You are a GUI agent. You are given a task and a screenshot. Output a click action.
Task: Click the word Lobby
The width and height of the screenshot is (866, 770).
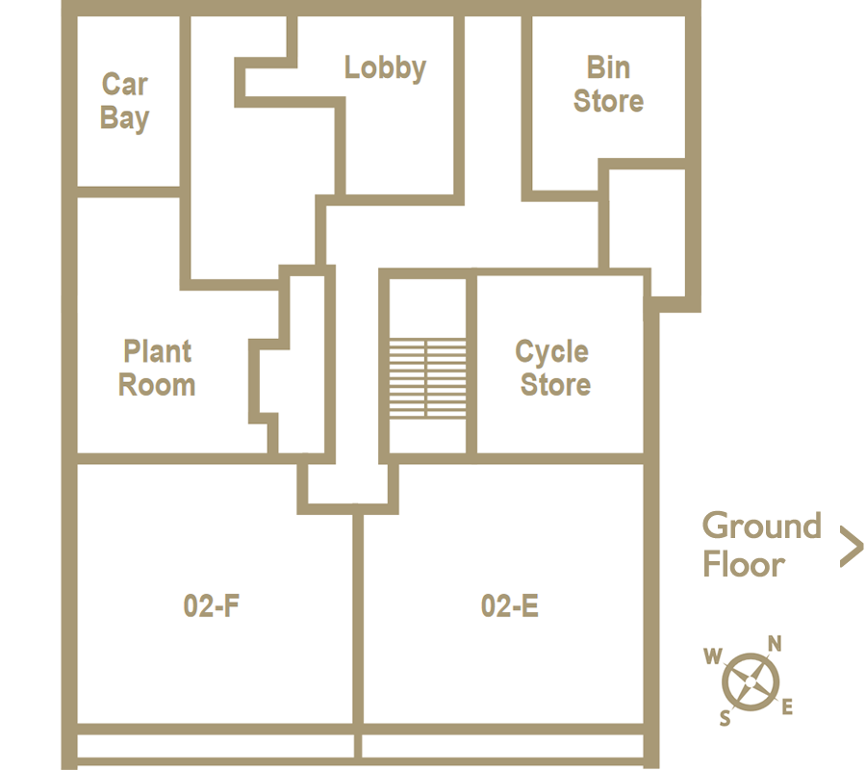(385, 68)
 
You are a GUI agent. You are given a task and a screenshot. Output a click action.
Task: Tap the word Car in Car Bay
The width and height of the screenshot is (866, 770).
(125, 85)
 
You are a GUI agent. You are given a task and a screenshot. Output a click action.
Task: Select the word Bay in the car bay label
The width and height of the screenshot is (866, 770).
(125, 118)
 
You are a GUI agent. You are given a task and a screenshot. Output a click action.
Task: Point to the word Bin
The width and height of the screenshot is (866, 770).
(608, 67)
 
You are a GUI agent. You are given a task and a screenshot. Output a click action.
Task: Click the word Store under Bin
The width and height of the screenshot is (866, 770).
(608, 101)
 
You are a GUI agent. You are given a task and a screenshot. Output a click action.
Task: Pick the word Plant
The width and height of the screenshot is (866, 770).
(158, 352)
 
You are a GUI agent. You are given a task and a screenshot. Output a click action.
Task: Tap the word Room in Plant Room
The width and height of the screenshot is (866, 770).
(157, 384)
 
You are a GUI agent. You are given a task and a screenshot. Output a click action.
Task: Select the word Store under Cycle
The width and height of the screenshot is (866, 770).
(555, 384)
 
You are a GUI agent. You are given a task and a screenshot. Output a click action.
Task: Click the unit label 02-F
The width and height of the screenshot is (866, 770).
(212, 605)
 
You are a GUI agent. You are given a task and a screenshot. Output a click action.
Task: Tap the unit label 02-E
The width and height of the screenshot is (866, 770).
(510, 605)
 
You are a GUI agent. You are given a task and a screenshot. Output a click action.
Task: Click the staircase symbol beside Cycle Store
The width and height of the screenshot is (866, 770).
(427, 379)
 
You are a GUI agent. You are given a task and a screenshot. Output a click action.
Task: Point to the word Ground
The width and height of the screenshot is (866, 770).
(762, 526)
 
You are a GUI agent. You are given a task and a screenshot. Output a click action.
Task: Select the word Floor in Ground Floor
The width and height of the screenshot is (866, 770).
(744, 564)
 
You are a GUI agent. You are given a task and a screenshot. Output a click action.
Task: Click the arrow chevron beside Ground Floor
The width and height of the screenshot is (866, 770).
(852, 547)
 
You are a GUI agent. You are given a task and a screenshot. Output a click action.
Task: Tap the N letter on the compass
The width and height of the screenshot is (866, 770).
(775, 644)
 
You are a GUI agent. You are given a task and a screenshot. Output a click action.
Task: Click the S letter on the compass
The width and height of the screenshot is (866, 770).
(725, 718)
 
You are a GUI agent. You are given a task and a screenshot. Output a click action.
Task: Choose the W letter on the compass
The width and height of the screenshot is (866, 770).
(713, 656)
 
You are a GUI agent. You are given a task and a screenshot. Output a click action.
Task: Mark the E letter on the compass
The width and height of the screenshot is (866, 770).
(787, 706)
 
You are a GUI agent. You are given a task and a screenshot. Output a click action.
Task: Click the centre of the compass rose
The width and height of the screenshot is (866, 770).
(751, 682)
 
